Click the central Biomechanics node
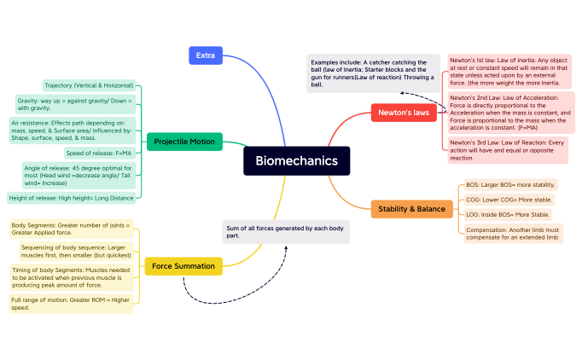tap(296, 160)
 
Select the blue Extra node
tap(205, 55)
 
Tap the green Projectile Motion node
tap(184, 142)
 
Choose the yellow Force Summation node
tap(183, 266)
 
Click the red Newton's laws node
tap(404, 112)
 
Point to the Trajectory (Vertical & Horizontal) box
tap(88, 85)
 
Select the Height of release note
tap(71, 198)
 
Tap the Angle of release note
tap(79, 175)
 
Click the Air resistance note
tap(72, 131)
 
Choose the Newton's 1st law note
tap(509, 71)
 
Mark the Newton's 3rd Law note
tap(509, 149)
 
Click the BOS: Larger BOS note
tap(509, 184)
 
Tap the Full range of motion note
tap(72, 304)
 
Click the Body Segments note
tap(72, 229)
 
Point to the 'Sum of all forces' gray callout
tap(285, 232)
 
